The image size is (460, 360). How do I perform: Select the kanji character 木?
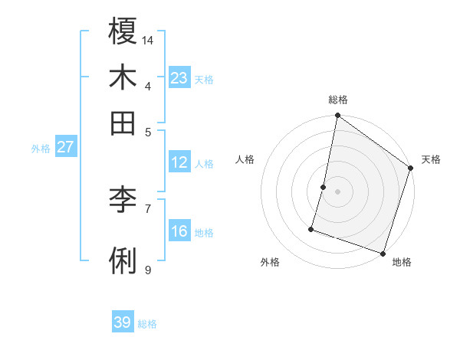[123, 77]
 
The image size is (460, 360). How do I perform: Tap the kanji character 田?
[123, 123]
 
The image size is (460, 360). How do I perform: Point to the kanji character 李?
[123, 200]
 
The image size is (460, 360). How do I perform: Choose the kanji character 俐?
[123, 260]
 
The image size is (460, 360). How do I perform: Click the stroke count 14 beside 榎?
[149, 40]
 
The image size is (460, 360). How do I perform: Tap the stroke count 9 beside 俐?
[148, 270]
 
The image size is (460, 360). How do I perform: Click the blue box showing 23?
[179, 77]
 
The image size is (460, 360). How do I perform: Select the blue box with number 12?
[179, 162]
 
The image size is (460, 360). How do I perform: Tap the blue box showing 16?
[179, 231]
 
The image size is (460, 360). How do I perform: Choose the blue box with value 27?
[65, 147]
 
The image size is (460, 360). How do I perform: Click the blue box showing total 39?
[123, 322]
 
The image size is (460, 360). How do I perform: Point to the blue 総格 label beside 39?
[147, 325]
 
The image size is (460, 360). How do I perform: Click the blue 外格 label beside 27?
[41, 149]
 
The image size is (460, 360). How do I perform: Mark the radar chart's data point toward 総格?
[337, 116]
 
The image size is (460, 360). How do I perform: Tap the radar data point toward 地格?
[383, 253]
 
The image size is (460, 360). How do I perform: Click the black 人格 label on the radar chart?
[245, 159]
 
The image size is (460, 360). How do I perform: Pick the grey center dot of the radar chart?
[337, 191]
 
